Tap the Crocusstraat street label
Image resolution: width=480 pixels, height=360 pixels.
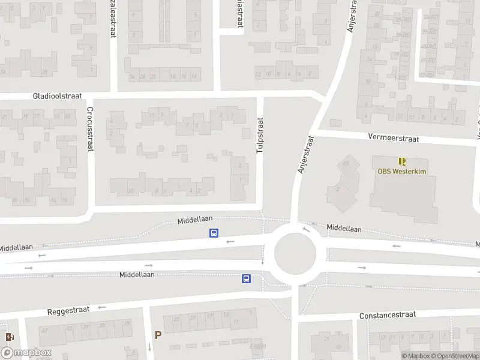pos(89,128)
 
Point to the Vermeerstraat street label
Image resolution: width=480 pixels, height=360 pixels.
pos(394,138)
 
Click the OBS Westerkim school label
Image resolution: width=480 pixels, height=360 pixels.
pos(401,170)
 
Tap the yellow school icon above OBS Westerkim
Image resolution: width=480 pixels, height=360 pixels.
pos(401,161)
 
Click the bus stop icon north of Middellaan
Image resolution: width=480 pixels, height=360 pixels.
pos(213,233)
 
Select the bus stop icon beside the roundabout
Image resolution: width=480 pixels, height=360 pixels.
pos(246,278)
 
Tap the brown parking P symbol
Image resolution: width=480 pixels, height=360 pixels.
pos(158,335)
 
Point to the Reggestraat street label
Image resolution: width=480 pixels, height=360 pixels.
pos(68,311)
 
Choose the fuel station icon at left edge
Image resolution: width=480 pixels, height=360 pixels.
pos(8,337)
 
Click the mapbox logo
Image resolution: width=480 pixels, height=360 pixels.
pos(26,353)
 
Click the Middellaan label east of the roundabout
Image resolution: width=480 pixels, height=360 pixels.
pos(344,229)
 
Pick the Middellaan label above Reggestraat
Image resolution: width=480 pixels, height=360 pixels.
pos(137,275)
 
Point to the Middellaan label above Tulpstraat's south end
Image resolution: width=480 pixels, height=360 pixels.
pos(196,221)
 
